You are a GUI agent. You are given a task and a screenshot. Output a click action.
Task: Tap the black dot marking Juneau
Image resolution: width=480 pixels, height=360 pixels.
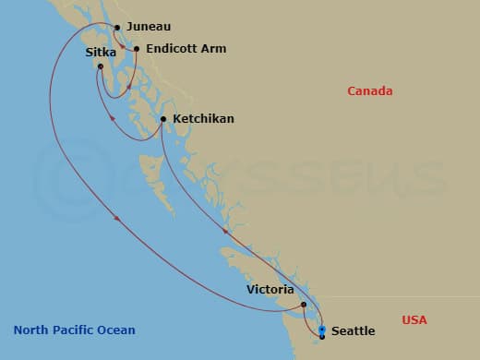coord(118,27)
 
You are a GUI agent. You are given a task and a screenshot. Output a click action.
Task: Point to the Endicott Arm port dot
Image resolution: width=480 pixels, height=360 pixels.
coord(137,49)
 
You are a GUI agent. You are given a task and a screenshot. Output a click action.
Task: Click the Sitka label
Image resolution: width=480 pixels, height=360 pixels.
coord(101,53)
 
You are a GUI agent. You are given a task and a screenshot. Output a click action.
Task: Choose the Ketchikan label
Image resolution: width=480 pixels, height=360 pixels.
coord(203,119)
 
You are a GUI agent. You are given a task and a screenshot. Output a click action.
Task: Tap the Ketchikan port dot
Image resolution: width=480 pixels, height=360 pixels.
coord(163,119)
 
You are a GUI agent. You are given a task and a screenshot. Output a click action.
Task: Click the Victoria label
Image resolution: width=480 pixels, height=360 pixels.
coord(271,289)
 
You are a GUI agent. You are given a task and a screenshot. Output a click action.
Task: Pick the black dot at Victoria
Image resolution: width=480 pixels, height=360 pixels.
coord(304,304)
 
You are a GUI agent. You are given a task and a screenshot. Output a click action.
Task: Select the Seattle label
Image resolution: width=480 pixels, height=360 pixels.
coord(354,330)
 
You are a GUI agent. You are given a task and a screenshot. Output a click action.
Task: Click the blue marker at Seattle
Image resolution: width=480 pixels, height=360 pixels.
coord(321,330)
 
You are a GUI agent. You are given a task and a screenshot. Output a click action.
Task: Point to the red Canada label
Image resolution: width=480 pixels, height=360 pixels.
coord(370,90)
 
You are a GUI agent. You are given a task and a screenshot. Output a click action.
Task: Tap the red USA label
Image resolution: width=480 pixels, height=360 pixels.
coord(414,319)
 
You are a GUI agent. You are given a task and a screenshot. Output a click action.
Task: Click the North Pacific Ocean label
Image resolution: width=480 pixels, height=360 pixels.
coord(75,330)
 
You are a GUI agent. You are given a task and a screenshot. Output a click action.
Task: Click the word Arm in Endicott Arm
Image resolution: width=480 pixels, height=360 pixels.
coord(213,48)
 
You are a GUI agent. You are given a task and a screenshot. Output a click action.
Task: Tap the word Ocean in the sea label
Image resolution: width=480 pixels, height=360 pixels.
coord(117,330)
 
